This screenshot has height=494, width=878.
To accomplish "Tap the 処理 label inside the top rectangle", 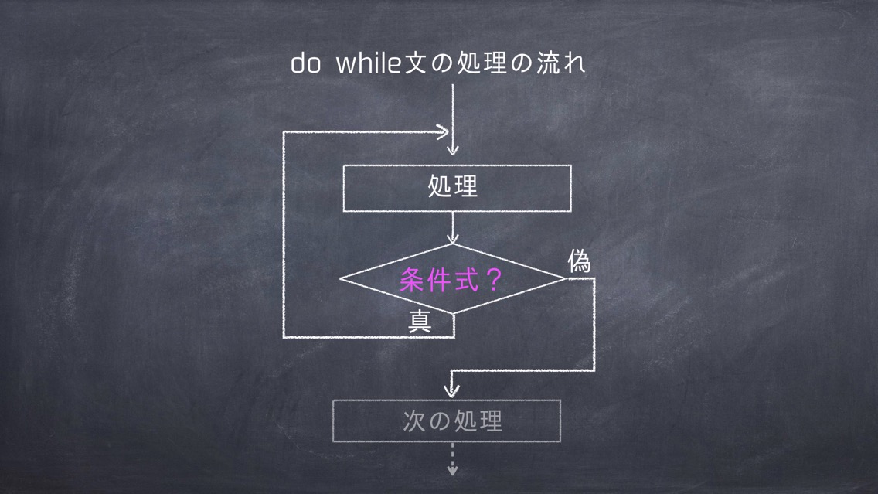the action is point(453,186).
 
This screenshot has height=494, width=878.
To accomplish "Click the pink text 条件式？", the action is point(451,280).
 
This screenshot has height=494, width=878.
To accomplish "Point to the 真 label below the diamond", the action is point(420,321).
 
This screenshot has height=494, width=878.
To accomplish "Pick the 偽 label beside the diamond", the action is point(579,261).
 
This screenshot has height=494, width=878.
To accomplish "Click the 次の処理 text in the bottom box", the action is point(452,421).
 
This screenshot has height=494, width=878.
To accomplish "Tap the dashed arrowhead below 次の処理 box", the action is point(452,469).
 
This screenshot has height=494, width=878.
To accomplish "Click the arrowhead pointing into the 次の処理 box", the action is point(452,390).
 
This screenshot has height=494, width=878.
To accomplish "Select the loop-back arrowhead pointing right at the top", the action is point(442,132).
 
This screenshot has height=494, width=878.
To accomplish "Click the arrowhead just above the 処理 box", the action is point(452,149).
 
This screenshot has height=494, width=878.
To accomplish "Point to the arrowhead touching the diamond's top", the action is point(452,239).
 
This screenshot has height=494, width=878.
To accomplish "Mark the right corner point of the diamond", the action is point(567,278).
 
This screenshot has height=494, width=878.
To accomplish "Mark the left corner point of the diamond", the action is point(340,278).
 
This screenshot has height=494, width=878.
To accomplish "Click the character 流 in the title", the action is point(548,63).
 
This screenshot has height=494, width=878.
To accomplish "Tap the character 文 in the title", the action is point(416,63).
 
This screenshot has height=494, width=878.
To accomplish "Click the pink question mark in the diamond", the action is point(494,280).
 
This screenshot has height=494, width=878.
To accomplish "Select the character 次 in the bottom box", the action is point(413,421).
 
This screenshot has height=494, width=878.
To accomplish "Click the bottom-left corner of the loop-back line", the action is point(284,337).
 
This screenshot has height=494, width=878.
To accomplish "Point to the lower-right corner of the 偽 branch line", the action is point(594,370).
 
